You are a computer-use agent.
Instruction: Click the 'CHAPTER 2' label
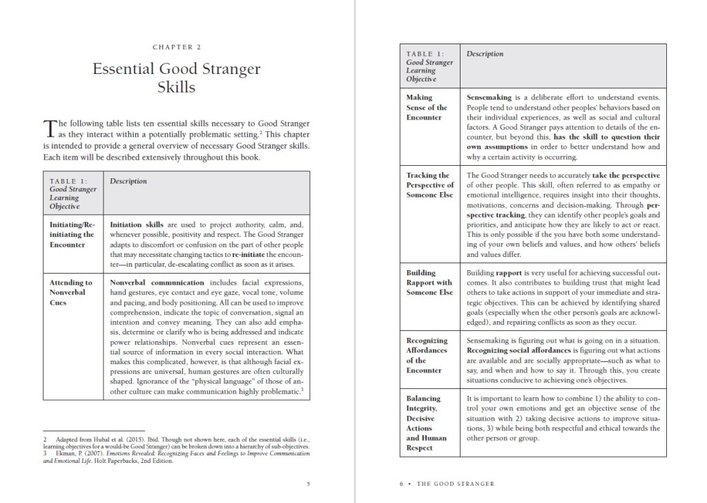(x=176, y=47)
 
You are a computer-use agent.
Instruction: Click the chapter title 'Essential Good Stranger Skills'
(x=176, y=78)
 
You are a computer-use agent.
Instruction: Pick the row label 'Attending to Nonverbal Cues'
(x=71, y=292)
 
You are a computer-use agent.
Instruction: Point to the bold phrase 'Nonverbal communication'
(x=157, y=283)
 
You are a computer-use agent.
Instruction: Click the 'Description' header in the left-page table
(x=128, y=182)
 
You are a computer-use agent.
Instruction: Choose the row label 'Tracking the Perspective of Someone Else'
(x=429, y=185)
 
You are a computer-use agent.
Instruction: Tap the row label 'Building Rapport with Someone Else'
(x=429, y=282)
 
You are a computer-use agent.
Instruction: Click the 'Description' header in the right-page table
(x=485, y=54)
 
